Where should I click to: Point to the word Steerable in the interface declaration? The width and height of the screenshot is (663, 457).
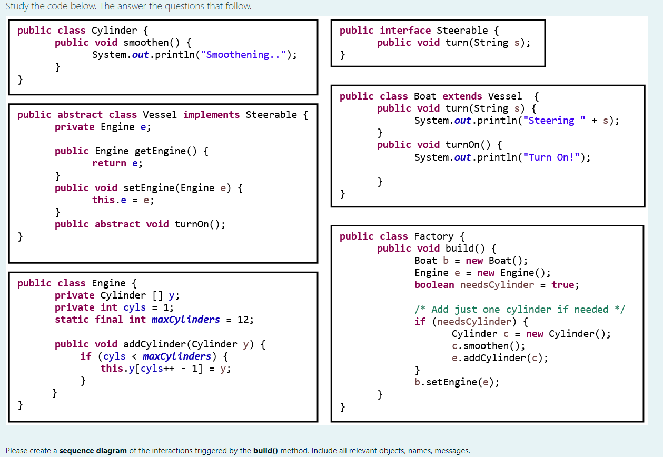pos(462,31)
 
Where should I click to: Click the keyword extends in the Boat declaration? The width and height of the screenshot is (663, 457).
pos(462,96)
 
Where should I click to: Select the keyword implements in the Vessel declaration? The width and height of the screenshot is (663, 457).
pos(211,115)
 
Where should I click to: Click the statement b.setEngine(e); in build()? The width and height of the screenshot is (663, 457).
pos(457,382)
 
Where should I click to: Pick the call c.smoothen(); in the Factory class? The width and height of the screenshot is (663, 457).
pos(488,346)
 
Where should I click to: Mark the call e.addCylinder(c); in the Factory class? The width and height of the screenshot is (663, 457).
pos(500,358)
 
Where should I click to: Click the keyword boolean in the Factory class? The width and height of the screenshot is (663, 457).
pos(434,285)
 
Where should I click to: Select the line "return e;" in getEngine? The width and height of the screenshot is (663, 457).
pos(117,163)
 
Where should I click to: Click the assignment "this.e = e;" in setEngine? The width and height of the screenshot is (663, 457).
pos(123,200)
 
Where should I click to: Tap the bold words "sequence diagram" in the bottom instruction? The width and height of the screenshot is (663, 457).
pos(93,450)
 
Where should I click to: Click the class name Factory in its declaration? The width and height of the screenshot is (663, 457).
pos(433,236)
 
